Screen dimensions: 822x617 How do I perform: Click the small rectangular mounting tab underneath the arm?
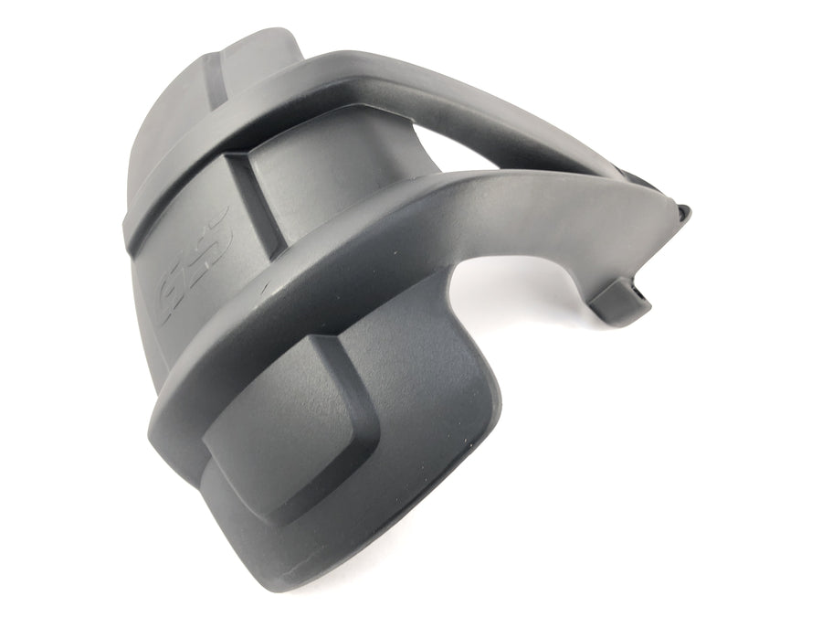click(x=620, y=303)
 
